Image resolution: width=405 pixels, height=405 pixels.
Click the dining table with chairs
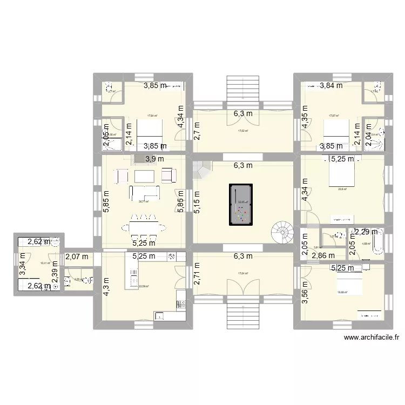tap(144, 227)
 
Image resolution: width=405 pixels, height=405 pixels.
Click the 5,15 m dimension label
tap(198, 202)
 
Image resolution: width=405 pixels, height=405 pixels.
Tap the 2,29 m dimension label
tap(367, 232)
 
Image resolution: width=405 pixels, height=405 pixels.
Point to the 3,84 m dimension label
tap(331, 85)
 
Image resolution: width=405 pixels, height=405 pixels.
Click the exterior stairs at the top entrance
tap(245, 87)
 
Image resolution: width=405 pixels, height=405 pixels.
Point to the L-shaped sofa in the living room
tap(144, 192)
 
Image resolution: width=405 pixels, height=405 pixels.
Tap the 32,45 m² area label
tap(242, 203)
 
